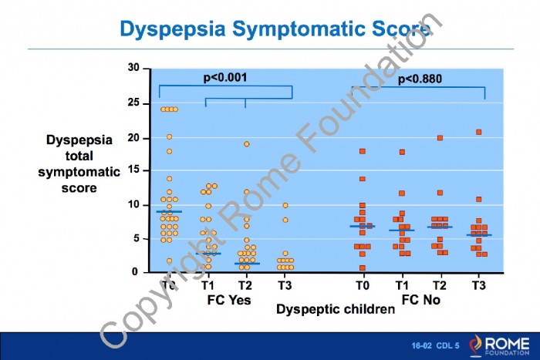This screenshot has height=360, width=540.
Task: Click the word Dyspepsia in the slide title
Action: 173,29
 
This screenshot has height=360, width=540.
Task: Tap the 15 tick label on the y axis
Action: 133,170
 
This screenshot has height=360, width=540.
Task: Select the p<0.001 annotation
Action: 225,78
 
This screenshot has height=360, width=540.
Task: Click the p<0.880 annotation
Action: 420,79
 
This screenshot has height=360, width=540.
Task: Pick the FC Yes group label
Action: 229,300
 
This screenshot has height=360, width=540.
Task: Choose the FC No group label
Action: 421,300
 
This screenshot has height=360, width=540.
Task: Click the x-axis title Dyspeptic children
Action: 336,309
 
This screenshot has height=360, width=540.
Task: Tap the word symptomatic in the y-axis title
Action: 79,172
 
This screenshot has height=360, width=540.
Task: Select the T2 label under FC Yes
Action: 245,285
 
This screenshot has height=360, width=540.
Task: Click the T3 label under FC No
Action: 478,285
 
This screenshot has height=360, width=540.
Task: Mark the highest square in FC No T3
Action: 478,132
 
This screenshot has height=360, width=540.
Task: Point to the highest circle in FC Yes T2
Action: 247,144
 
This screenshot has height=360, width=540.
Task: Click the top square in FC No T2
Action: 440,138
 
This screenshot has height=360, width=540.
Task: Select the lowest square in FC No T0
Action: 363,267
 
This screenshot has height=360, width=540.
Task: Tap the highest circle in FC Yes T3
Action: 285,206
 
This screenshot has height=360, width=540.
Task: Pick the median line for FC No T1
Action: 402,230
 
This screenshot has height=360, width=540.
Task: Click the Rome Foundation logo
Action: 500,345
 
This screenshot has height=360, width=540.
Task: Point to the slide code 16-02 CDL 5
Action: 435,345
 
